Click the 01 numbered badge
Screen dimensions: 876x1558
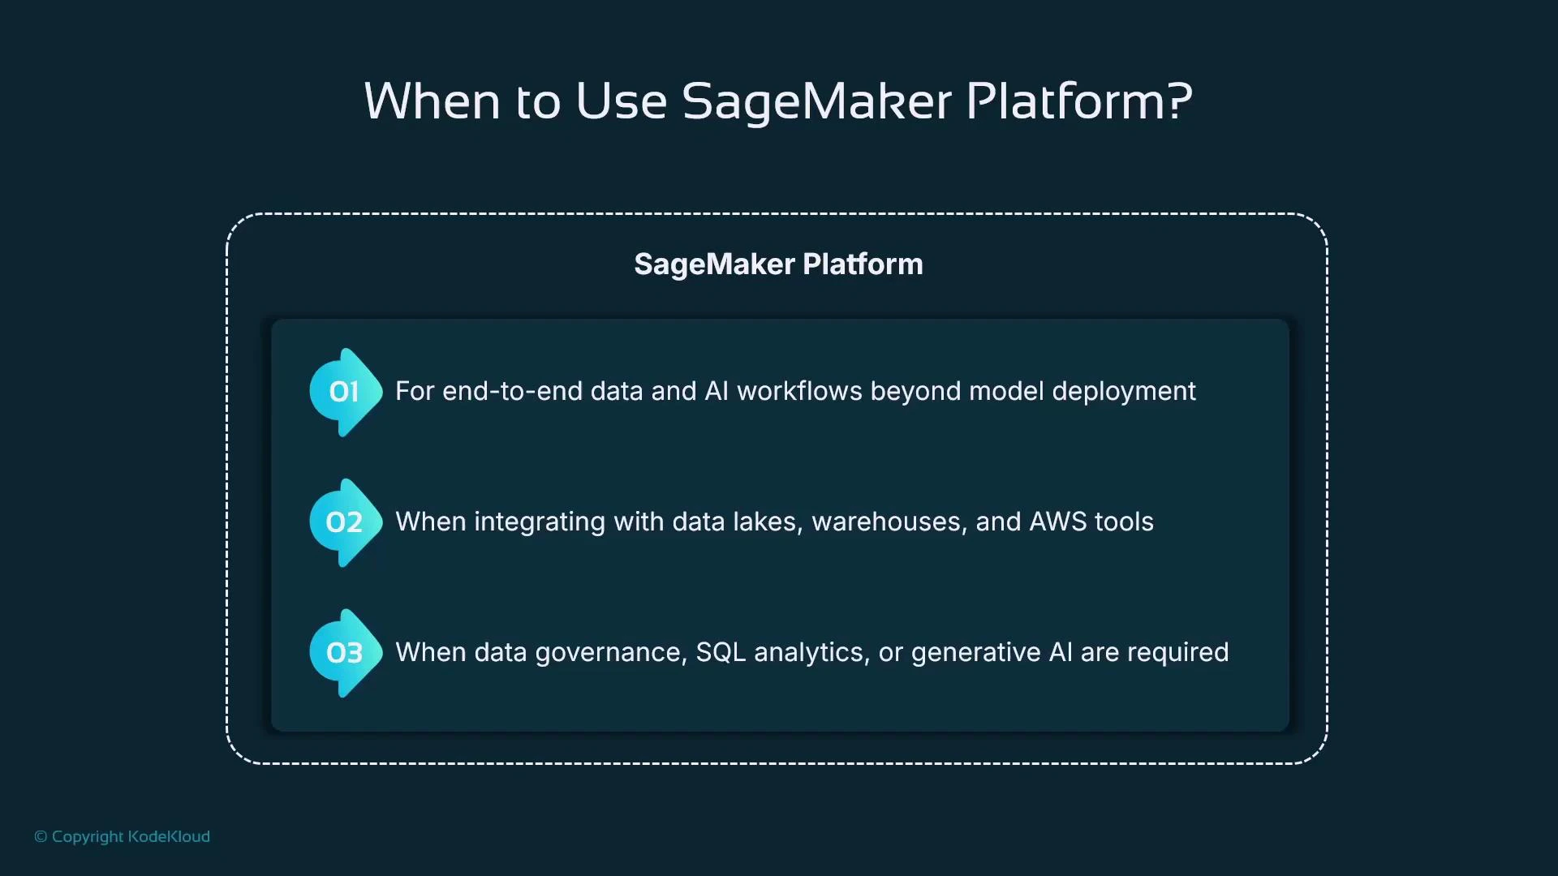(345, 393)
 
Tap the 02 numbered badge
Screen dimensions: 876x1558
(345, 522)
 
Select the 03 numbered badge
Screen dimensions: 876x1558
(345, 653)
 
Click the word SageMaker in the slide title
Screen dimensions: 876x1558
(816, 102)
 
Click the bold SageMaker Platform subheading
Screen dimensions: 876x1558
(778, 264)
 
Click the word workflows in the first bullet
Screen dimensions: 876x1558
(799, 392)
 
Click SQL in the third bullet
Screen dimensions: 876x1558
(721, 653)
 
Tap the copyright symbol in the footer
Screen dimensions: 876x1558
(41, 837)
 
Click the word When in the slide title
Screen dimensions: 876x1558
(432, 102)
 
